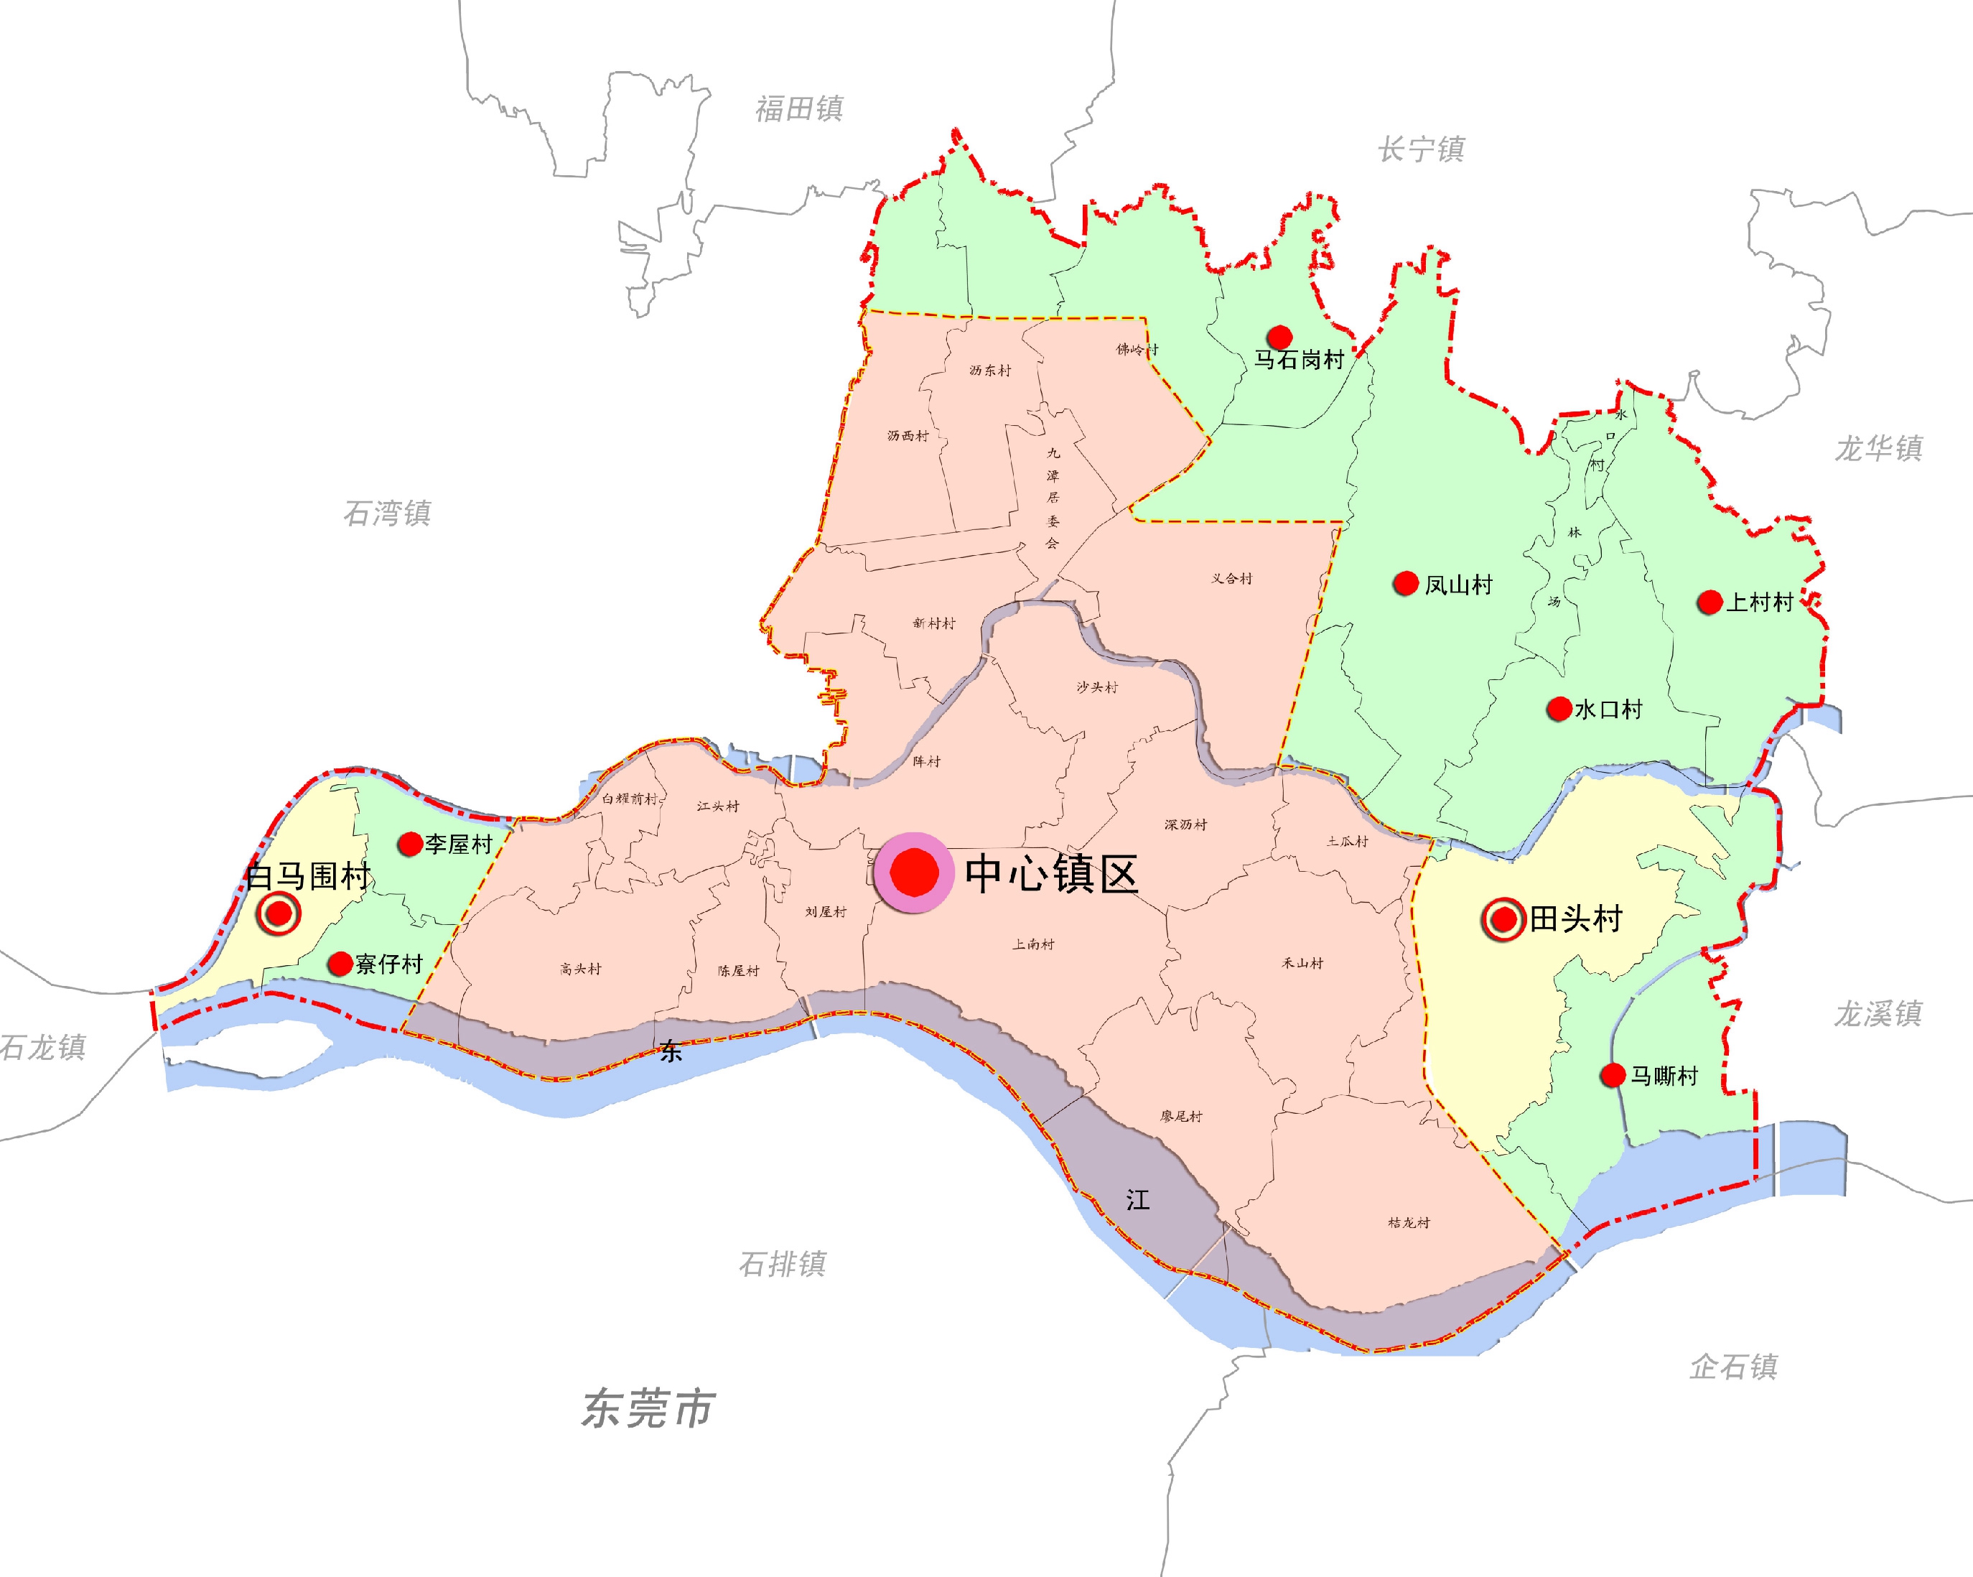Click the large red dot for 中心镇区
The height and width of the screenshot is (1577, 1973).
pyautogui.click(x=914, y=873)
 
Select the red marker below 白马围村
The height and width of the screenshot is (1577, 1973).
pyautogui.click(x=279, y=913)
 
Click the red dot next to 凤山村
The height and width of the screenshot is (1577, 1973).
pyautogui.click(x=1404, y=583)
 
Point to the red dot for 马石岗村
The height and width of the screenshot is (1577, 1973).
pyautogui.click(x=1279, y=337)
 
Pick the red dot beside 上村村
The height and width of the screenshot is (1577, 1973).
pyautogui.click(x=1710, y=601)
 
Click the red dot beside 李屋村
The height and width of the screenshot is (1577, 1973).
pyautogui.click(x=409, y=844)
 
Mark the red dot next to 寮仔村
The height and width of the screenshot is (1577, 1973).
pyautogui.click(x=340, y=963)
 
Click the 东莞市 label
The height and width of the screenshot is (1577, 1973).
pyautogui.click(x=648, y=1408)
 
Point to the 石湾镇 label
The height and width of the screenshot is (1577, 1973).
pyautogui.click(x=387, y=513)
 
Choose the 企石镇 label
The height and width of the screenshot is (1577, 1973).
pyautogui.click(x=1733, y=1367)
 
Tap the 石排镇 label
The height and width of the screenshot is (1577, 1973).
pyautogui.click(x=783, y=1264)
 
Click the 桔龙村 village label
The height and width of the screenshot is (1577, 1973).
pyautogui.click(x=1409, y=1222)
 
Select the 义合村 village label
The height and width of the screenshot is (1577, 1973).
pyautogui.click(x=1232, y=578)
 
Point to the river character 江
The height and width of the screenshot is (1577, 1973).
pyautogui.click(x=1137, y=1200)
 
